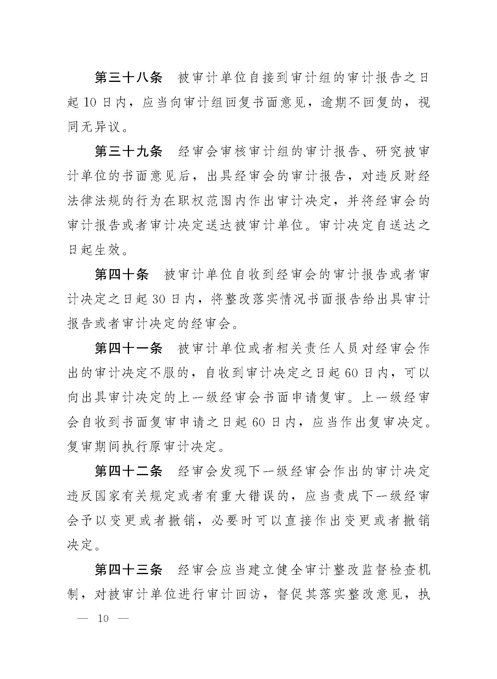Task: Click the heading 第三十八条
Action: tap(128, 78)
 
